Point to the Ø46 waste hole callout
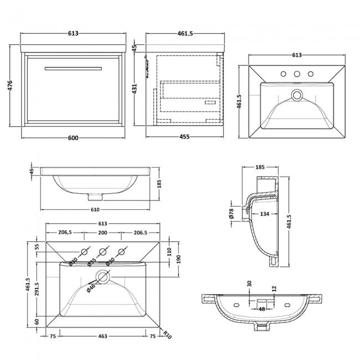pos(91,286)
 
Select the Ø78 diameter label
pos(232,213)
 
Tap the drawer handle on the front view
pos(73,68)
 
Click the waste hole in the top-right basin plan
pos(297,96)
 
